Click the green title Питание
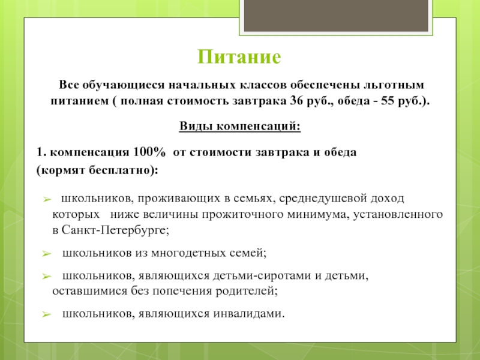coord(239,57)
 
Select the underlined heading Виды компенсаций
coord(239,126)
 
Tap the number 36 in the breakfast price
coord(296,101)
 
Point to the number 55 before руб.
coord(387,101)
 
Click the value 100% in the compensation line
coord(149,152)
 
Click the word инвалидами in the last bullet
coord(248,314)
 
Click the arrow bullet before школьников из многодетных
coord(47,254)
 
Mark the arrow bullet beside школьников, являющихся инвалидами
coord(47,314)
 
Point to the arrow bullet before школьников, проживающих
coord(47,200)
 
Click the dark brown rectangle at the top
coord(336,16)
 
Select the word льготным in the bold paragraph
coord(394,85)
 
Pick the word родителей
coord(247,291)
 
